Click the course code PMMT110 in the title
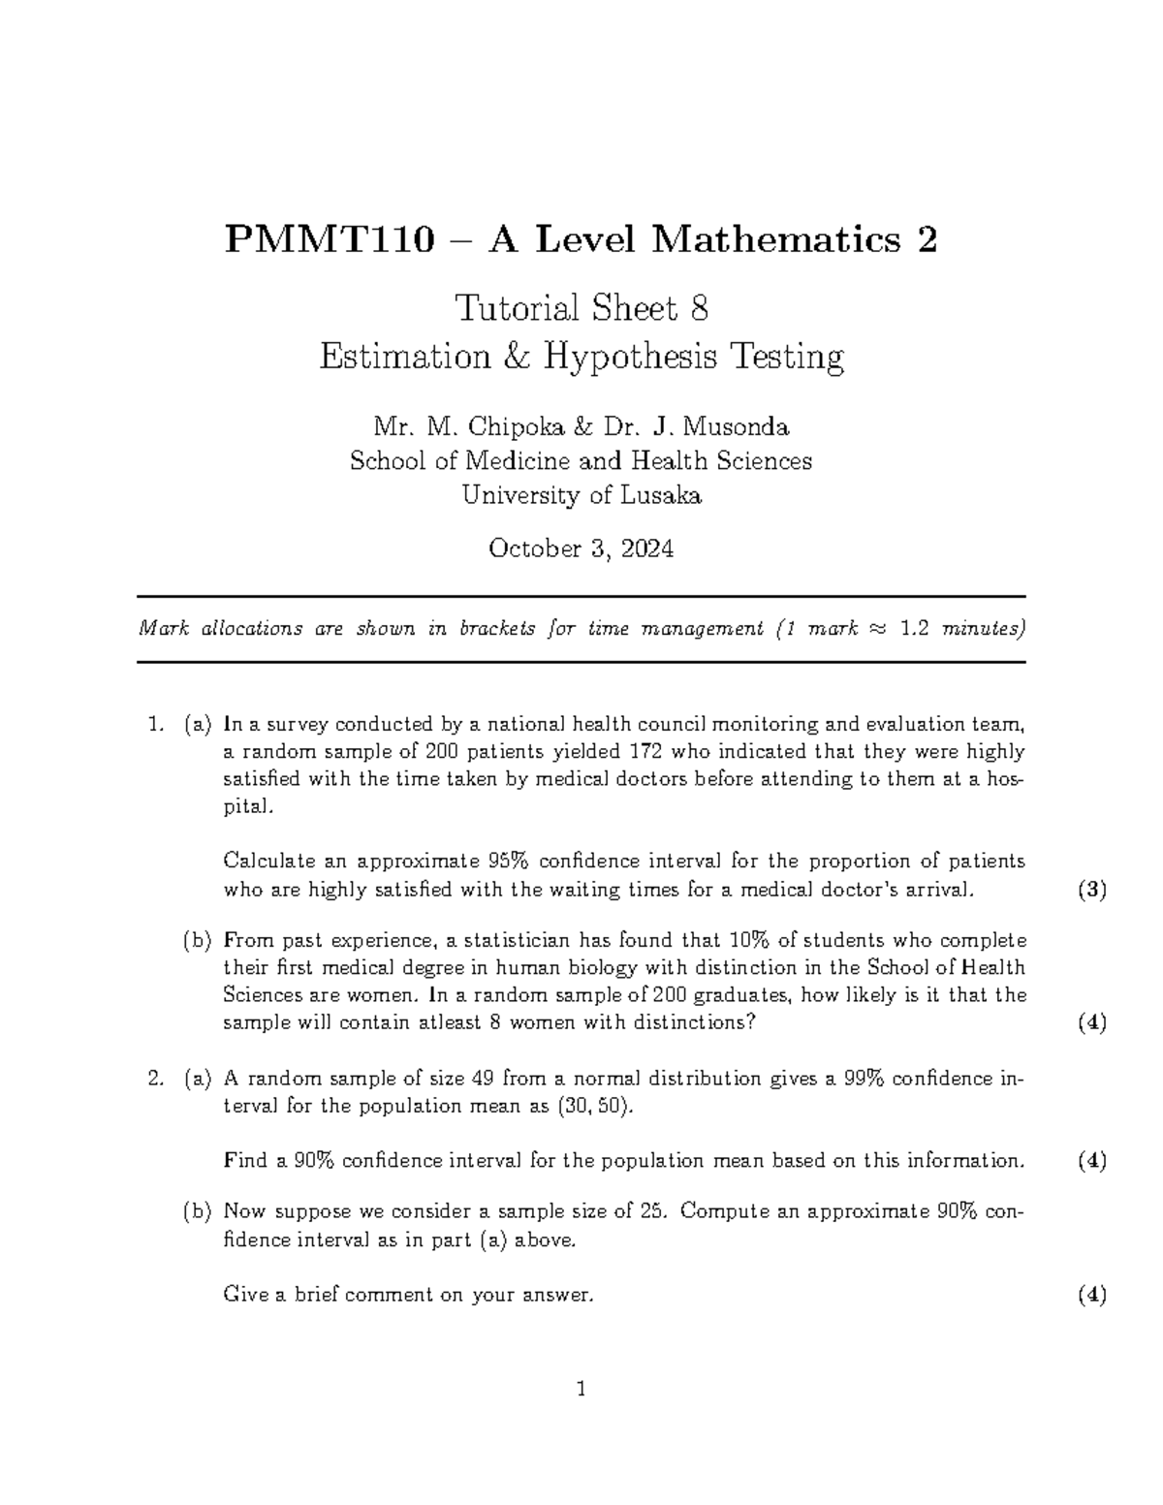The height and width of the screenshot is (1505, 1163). (x=329, y=239)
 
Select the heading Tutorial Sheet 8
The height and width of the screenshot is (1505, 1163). (x=581, y=309)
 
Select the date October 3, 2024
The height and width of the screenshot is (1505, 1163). (x=581, y=549)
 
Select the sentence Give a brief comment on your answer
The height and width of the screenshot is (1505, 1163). (x=407, y=1295)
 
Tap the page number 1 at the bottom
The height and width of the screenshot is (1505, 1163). (x=581, y=1390)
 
